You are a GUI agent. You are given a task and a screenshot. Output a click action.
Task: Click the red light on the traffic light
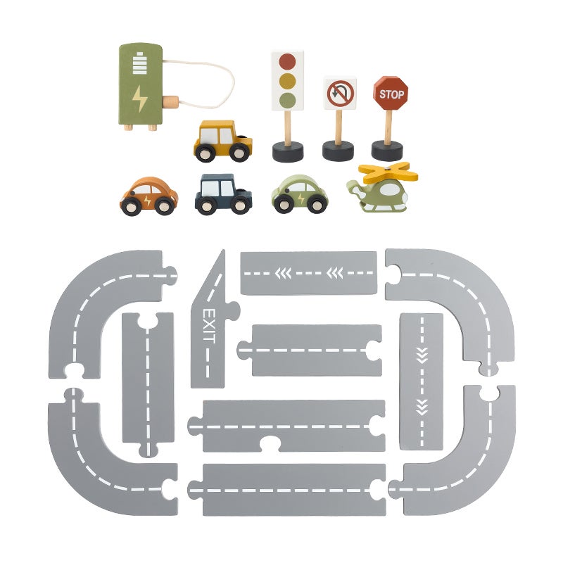click(x=287, y=62)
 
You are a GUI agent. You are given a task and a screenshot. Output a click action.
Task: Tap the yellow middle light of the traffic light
click(x=287, y=81)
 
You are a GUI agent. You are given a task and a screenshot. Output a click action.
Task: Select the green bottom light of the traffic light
click(x=287, y=101)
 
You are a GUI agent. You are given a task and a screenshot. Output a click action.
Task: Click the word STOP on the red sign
click(x=391, y=94)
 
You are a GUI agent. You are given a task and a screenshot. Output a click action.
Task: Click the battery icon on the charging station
click(x=139, y=63)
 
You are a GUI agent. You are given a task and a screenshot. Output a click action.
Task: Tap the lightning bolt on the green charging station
click(x=139, y=99)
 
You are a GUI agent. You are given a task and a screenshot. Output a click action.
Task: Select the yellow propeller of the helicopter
click(x=388, y=172)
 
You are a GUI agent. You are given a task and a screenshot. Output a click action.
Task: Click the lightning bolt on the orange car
click(x=147, y=201)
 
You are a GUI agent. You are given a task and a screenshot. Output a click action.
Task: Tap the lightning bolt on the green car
click(x=301, y=198)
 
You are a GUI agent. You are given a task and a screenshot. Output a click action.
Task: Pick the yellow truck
click(x=222, y=141)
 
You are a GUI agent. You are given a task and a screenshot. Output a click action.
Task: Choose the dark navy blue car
click(x=223, y=194)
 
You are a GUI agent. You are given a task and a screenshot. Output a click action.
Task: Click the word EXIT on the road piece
click(x=209, y=326)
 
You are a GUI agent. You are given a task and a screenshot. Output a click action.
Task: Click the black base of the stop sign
click(x=387, y=151)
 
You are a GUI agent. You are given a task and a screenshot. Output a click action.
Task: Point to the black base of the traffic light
click(x=288, y=152)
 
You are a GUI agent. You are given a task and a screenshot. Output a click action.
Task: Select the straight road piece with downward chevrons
click(x=421, y=381)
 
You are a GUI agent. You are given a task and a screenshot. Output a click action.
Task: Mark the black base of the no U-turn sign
click(x=338, y=151)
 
